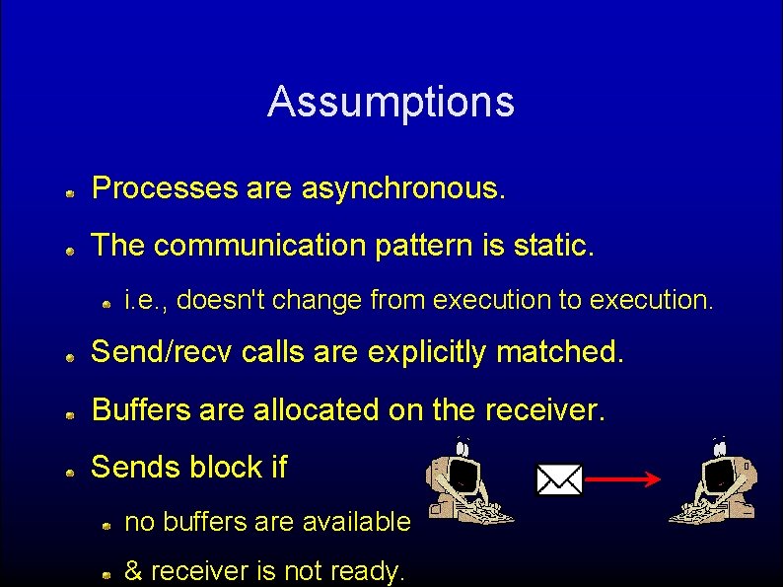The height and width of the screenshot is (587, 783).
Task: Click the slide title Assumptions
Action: pos(391,102)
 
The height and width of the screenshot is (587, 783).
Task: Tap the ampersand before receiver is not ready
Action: pos(133,570)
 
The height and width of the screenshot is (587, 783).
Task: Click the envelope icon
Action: pos(559,479)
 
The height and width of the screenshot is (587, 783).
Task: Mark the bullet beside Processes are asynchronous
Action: pos(72,194)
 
